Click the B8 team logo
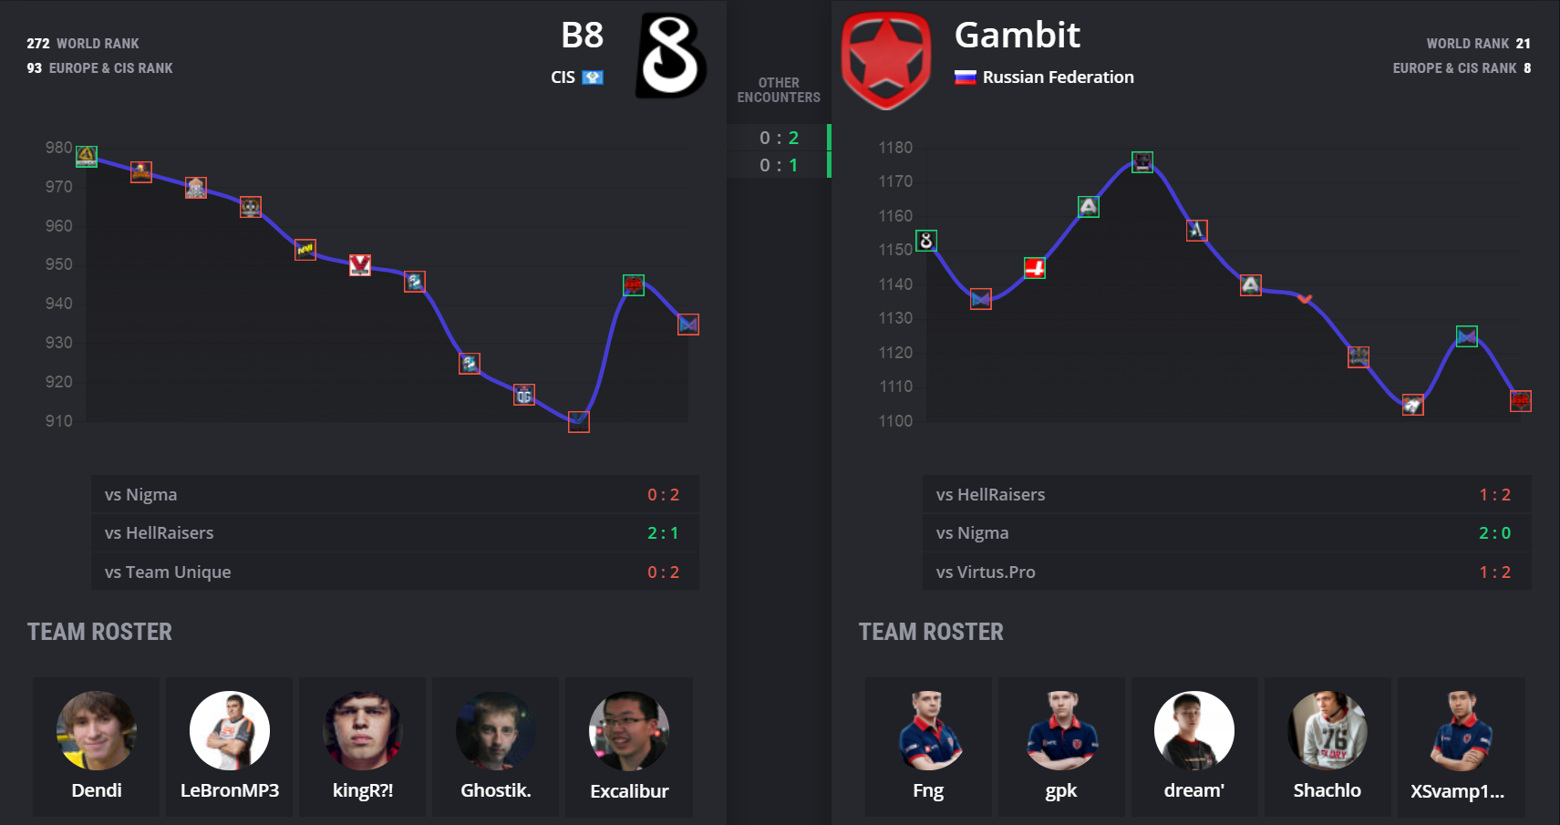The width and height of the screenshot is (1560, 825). coord(671,56)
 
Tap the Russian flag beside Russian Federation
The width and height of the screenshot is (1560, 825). coord(965,77)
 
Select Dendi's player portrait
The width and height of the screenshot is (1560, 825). coord(97,730)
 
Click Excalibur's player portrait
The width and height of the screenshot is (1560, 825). coord(629,730)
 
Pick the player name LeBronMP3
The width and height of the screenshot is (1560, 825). coord(230,790)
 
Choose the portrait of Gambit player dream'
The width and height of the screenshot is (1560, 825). coord(1194,730)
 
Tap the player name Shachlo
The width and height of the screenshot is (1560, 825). coord(1327,790)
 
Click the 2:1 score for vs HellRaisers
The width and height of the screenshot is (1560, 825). coord(663,533)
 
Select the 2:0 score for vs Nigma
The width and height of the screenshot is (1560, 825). coord(1494,533)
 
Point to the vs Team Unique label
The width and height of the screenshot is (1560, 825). coord(168,572)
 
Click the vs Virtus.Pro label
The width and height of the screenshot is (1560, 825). coord(986,572)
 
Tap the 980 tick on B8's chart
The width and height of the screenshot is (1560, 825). coord(59,148)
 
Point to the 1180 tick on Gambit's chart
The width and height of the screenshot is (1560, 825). coord(895,148)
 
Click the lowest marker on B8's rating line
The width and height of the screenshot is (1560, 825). coord(579,421)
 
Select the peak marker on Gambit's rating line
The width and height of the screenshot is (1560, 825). coord(1142,162)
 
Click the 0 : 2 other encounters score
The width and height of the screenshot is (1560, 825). coord(779,138)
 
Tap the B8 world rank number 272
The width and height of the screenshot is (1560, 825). coord(38,44)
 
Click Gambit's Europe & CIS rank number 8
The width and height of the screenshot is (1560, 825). coord(1527,68)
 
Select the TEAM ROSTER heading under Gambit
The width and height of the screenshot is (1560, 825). coord(931,632)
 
